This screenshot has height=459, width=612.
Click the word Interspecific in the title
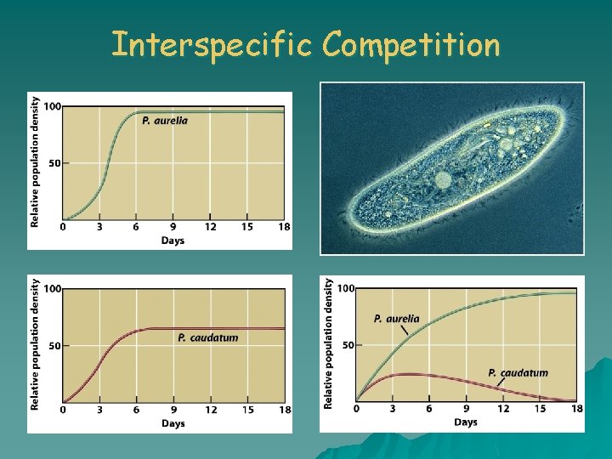[212, 44]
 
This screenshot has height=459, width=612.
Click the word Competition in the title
[411, 44]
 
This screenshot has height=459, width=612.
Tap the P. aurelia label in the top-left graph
[165, 121]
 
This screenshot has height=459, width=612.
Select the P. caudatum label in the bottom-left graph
[208, 337]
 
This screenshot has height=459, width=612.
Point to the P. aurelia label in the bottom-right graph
[396, 319]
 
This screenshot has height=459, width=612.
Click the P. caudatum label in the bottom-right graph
[518, 372]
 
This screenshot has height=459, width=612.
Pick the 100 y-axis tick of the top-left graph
[52, 106]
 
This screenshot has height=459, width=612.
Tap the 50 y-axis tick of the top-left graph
[54, 163]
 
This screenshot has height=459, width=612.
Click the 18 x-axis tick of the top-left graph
[284, 227]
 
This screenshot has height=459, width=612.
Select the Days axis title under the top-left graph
[173, 241]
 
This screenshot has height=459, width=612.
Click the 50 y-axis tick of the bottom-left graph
[54, 346]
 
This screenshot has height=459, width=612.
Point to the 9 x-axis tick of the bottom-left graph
[173, 410]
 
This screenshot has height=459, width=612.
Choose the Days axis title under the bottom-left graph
[173, 423]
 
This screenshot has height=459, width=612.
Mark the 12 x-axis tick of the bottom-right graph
[503, 409]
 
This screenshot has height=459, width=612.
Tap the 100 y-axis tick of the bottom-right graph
[345, 289]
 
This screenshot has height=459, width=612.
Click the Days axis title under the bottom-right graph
[465, 422]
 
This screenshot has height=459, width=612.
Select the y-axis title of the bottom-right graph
[329, 343]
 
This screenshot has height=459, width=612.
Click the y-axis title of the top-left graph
[35, 161]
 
